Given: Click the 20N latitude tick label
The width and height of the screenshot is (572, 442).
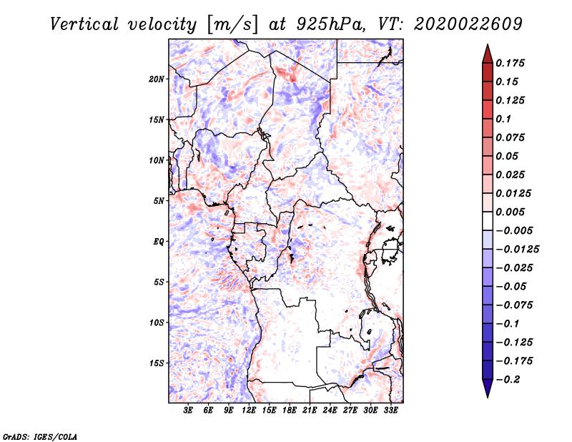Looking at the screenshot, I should (x=157, y=79).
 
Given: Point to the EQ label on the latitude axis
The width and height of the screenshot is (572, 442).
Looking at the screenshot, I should (x=159, y=242).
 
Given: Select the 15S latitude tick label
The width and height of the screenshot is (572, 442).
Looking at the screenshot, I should (x=157, y=363).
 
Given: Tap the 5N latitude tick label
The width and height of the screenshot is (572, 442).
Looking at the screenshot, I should (x=159, y=201).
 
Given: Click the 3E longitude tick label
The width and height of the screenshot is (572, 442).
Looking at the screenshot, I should (x=189, y=411).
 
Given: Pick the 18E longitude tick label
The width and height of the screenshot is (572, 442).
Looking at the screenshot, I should (x=290, y=411).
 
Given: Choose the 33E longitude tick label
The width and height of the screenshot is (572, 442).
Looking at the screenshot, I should (x=390, y=411).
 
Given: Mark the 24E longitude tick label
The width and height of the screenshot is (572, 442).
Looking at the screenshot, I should (x=330, y=411).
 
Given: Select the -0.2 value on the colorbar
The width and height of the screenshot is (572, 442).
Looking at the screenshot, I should (x=510, y=379).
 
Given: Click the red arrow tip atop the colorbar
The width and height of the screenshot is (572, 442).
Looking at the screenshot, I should (x=487, y=51).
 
